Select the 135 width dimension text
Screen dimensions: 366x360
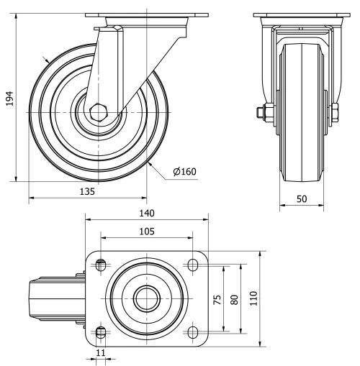click(88, 192)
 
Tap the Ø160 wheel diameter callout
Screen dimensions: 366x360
click(184, 171)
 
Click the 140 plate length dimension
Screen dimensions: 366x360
click(146, 213)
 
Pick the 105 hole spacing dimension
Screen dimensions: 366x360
click(146, 232)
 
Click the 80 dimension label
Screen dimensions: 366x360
click(233, 298)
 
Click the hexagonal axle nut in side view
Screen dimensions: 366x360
click(99, 113)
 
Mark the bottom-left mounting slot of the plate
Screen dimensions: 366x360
click(100, 331)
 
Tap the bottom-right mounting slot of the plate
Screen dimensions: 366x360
click(192, 331)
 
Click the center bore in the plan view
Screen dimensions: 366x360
click(146, 298)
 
